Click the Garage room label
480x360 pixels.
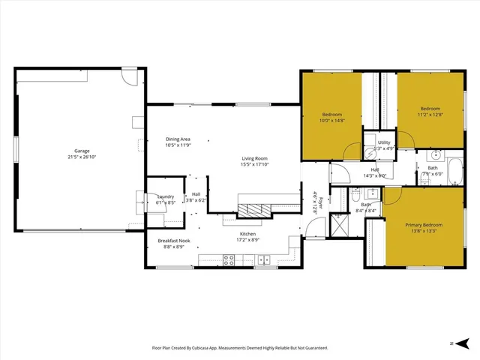[81, 151]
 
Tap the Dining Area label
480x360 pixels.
[178, 139]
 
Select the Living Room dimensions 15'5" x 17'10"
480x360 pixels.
[255, 165]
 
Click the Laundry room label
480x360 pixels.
[165, 196]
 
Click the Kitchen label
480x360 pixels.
[247, 234]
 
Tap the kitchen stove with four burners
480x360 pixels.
[229, 259]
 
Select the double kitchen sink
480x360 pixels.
[263, 259]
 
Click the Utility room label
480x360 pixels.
[384, 142]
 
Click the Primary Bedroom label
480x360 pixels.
[424, 225]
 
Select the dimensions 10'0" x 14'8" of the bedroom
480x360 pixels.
[331, 120]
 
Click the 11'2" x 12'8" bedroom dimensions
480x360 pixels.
[430, 115]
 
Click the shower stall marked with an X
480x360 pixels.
[339, 223]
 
